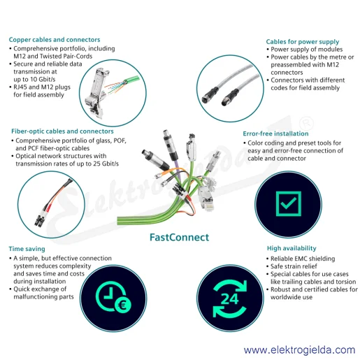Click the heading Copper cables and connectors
[55, 40]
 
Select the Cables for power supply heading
[303, 42]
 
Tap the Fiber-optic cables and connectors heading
[62, 131]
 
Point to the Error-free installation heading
[275, 134]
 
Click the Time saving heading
[27, 249]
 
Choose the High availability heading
[291, 248]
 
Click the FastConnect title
[179, 237]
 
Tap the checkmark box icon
[289, 204]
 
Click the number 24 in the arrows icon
[230, 299]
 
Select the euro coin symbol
[122, 305]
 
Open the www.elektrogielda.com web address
[300, 350]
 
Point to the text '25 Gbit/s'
[106, 164]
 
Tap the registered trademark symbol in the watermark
[306, 123]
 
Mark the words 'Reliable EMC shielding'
[303, 259]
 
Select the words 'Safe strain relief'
[294, 266]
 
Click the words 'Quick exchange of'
[40, 289]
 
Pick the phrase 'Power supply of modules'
[307, 50]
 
